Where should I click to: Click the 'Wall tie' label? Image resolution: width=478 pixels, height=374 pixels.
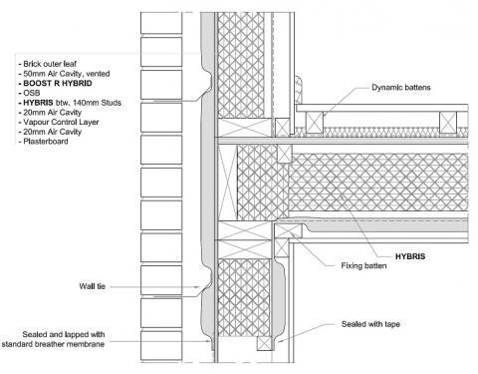point(99,286)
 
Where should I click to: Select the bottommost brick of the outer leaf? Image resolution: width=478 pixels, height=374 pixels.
point(162,345)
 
